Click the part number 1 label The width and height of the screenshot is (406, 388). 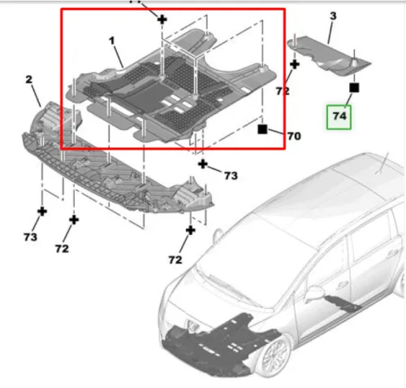[x=112, y=41]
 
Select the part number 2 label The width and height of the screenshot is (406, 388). [x=29, y=80]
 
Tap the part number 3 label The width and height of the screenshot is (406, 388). [x=333, y=16]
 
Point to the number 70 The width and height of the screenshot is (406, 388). [x=294, y=136]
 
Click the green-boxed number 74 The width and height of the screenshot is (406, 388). [x=339, y=116]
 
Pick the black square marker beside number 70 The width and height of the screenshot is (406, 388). [x=262, y=129]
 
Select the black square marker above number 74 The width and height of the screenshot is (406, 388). [x=354, y=88]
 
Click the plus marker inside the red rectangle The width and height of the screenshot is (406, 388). [x=162, y=20]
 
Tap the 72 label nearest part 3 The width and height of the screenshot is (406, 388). [x=283, y=91]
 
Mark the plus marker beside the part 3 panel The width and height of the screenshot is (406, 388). [x=295, y=65]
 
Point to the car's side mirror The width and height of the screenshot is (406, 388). [x=314, y=294]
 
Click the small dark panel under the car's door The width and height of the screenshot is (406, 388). [x=343, y=303]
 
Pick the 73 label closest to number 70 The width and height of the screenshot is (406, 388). [x=231, y=176]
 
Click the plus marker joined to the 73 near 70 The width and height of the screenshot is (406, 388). [x=203, y=164]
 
